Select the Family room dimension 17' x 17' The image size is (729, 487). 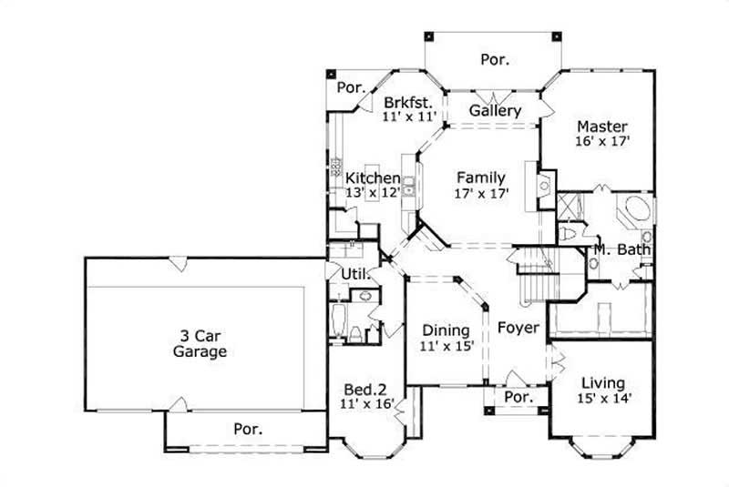point(482,193)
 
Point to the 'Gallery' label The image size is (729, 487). point(495,111)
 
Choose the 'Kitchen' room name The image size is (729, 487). point(373,178)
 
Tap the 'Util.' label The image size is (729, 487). point(354,272)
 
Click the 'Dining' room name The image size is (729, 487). point(447,330)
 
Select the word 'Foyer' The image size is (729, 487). point(519,328)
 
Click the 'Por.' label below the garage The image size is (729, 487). point(248,429)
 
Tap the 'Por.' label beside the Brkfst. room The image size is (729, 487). point(351,88)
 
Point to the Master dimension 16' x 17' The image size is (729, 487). point(602,142)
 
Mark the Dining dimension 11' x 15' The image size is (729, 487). point(447,346)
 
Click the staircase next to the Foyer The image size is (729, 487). point(538,273)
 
